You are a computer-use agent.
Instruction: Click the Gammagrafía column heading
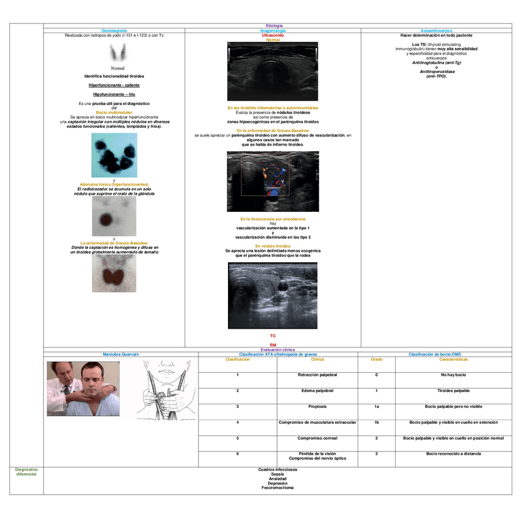[x=114, y=30]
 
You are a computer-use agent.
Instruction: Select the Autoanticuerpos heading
[x=437, y=30]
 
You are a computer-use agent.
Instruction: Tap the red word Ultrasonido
[x=273, y=36]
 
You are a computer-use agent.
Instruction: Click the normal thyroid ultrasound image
[x=272, y=71]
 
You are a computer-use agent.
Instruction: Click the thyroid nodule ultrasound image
[x=272, y=296]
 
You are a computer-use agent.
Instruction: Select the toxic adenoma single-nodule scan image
[x=114, y=216]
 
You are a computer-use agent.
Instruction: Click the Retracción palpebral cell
[x=317, y=375]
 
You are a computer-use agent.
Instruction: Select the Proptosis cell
[x=317, y=407]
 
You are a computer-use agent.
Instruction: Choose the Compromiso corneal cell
[x=317, y=438]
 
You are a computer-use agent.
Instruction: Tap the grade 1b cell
[x=376, y=423]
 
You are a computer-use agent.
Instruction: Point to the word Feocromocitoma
[x=278, y=488]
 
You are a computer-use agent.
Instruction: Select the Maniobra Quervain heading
[x=121, y=355]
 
